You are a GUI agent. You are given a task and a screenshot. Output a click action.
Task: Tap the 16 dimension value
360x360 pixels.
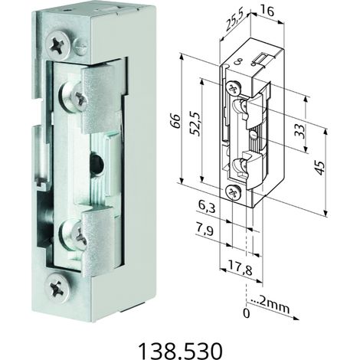267,11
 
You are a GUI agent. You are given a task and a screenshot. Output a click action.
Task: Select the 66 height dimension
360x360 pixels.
176,121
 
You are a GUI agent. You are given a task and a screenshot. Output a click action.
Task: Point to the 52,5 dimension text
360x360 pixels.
196,123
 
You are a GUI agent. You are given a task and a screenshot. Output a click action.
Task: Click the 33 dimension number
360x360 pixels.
302,131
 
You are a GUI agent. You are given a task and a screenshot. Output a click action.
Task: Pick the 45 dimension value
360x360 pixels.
320,168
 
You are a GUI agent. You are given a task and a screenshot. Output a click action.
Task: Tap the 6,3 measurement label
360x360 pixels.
207,208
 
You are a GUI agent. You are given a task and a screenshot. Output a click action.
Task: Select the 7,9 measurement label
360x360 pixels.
205,230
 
